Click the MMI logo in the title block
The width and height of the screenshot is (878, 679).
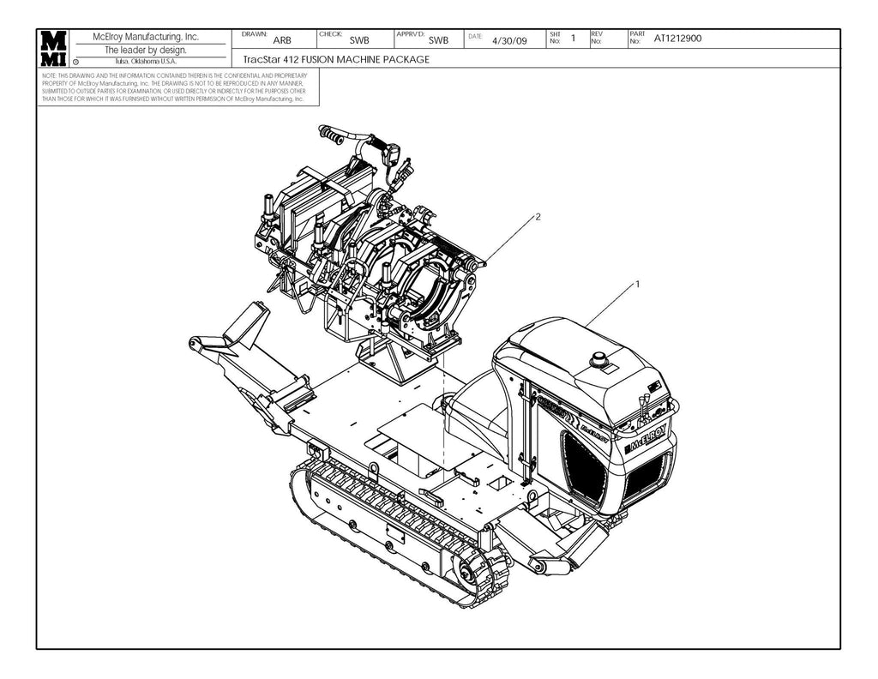point(53,49)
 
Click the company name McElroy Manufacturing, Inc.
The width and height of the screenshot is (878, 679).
point(145,37)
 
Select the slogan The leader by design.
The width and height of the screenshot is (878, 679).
point(145,50)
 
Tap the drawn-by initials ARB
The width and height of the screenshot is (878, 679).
point(281,40)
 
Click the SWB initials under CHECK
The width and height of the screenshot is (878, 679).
point(359,40)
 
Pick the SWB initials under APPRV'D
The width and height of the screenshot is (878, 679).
point(438,40)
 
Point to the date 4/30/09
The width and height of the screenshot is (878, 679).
point(509,40)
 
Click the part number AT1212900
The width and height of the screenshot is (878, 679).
point(678,39)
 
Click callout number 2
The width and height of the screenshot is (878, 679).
point(538,217)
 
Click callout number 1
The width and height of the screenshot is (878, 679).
point(638,283)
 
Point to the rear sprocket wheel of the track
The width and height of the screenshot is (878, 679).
point(466,572)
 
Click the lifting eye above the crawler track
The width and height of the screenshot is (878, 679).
point(373,469)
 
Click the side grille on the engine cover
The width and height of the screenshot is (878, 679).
point(586,466)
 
